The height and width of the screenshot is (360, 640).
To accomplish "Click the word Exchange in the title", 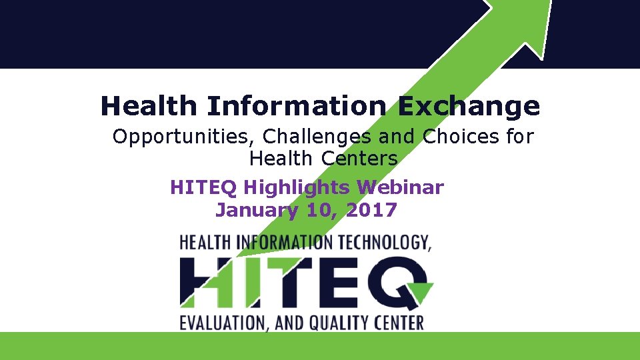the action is point(469,107).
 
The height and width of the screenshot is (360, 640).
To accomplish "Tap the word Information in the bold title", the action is point(297,105).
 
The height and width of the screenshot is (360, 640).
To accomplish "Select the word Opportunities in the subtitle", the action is point(181,137).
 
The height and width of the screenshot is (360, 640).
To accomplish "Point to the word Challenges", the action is point(317,137).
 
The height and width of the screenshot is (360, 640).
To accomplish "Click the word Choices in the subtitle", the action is point(461,136).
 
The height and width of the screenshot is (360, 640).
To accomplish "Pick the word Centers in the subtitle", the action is point(359,159).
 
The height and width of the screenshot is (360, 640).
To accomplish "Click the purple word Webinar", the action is point(400,187).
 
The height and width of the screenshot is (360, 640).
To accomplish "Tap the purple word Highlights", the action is point(296,188).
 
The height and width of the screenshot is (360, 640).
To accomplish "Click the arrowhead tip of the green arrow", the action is point(552,1).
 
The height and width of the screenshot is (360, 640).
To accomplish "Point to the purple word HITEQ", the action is point(203,188).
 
